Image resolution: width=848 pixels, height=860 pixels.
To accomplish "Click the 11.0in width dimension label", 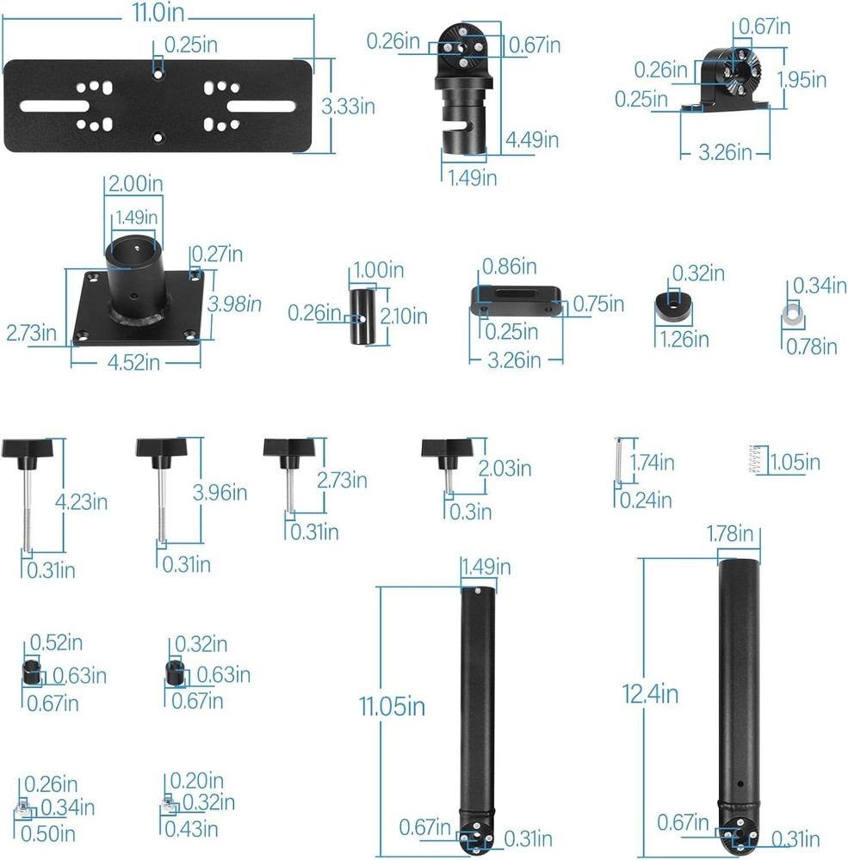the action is (158, 13).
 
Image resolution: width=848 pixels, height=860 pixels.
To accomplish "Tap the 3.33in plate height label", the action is (348, 107).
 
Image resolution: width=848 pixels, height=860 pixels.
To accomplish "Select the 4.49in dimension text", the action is (532, 140).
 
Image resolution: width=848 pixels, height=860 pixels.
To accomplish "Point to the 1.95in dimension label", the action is (802, 80).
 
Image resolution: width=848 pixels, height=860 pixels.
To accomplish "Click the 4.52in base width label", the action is (133, 363).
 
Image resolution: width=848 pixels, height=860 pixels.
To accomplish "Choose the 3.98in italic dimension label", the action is (234, 304).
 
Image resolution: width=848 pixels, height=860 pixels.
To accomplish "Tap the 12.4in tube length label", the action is (650, 694).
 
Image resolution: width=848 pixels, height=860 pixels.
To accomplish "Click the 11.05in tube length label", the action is (392, 706).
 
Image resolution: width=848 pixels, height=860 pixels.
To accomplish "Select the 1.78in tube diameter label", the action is (729, 534).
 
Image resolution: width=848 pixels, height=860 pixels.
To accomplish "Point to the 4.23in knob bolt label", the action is (81, 502).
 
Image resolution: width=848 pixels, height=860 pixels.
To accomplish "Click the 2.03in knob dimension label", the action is (504, 469).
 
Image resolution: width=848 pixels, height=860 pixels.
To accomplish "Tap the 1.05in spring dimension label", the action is (795, 463).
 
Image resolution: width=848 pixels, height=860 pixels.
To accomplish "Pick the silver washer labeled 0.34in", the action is (793, 315).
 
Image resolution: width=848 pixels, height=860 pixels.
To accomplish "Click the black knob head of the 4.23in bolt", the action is (27, 449).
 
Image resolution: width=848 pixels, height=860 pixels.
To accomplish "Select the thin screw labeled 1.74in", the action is (618, 460).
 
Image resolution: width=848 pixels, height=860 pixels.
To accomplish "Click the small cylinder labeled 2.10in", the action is (362, 317).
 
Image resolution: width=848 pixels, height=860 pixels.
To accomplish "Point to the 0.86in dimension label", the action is (509, 267).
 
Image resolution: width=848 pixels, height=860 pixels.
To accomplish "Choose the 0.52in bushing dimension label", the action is (56, 642).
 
